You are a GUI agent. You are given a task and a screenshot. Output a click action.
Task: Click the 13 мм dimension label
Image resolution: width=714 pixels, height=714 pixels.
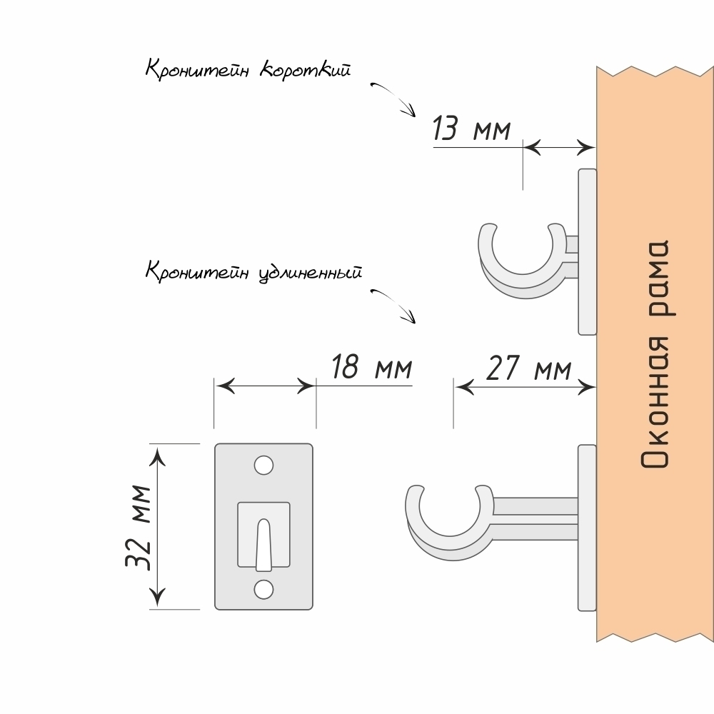[x=471, y=130]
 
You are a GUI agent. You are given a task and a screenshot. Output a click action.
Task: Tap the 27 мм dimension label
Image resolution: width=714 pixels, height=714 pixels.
[x=529, y=369]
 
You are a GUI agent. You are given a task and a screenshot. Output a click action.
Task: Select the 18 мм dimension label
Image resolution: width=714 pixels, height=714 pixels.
[x=371, y=368]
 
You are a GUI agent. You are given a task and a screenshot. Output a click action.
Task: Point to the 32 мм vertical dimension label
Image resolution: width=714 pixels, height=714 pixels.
[x=136, y=527]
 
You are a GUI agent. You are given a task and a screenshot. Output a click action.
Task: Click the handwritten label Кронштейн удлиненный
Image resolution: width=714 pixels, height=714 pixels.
[x=253, y=272]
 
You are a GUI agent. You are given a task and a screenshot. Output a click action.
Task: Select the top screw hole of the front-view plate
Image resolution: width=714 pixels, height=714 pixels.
[x=264, y=465]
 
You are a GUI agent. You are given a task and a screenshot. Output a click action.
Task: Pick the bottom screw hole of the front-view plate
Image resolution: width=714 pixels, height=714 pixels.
[x=264, y=589]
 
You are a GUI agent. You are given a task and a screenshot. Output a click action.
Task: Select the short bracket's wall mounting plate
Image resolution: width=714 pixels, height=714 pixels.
[x=587, y=251]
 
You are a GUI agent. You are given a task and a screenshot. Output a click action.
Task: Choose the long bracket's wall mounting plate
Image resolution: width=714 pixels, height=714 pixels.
[x=587, y=528]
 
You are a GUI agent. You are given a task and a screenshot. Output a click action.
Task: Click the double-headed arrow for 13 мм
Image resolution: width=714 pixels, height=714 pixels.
[x=559, y=148]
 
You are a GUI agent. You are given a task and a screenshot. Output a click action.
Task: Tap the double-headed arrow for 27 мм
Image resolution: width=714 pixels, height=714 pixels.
[x=526, y=386]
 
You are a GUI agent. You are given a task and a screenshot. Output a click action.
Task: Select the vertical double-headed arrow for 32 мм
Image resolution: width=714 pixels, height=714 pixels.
[x=158, y=526]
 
